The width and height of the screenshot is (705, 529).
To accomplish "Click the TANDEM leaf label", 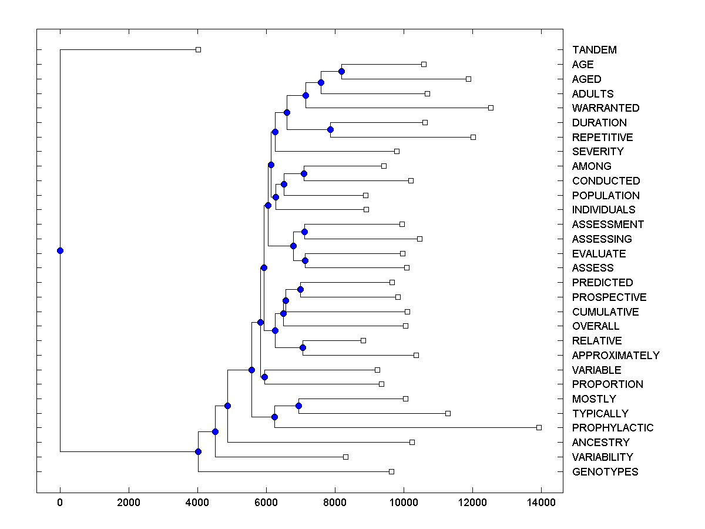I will (594, 50).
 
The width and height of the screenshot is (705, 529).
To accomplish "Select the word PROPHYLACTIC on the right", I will (612, 428).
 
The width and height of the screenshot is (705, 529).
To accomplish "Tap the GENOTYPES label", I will (605, 472).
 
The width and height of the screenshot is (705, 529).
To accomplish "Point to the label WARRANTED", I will (605, 108).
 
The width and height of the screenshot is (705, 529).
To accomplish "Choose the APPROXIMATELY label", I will (615, 356).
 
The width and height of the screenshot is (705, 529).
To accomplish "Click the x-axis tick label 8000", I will (335, 502).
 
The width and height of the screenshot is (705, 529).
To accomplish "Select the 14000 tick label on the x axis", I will (541, 502).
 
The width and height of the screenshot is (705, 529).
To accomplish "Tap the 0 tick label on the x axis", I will (60, 502).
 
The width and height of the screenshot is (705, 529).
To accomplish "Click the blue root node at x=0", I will (60, 250).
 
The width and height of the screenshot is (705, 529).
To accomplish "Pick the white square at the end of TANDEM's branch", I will (198, 49).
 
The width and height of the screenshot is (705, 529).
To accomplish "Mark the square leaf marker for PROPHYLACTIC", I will (539, 427).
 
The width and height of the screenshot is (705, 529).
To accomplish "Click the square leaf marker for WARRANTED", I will (491, 108).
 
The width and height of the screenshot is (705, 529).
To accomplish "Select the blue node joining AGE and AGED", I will (341, 71).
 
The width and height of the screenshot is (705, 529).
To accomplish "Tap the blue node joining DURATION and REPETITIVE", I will (331, 129).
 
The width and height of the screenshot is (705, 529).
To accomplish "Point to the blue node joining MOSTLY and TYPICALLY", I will (298, 406).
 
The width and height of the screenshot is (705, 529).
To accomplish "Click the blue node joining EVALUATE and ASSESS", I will (305, 260).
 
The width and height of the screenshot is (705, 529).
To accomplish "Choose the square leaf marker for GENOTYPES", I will (391, 471).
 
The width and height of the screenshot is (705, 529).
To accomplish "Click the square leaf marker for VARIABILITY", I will (345, 457).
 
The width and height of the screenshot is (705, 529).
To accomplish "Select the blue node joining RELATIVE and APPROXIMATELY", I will (303, 347).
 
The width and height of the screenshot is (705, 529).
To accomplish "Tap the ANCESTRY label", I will (600, 443).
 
